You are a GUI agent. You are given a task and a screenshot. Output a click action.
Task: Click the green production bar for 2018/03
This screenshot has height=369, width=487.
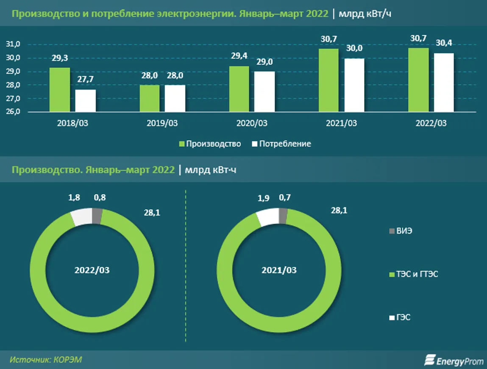60,90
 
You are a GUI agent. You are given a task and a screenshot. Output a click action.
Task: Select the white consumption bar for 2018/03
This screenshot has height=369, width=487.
85,101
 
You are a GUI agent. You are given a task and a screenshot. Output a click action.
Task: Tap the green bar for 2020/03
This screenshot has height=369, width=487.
239,89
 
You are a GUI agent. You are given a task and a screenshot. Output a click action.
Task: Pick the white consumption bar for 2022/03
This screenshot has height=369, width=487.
443,83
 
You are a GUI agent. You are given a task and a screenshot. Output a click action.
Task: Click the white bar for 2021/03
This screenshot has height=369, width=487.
354,85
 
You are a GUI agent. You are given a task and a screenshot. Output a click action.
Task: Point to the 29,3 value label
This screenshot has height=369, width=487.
60,60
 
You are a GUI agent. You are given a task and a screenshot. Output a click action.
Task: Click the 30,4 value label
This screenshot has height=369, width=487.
443,43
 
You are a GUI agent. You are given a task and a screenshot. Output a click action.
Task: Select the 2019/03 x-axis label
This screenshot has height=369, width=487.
162,124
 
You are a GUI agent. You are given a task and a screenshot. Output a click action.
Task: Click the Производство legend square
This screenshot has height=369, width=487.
182,144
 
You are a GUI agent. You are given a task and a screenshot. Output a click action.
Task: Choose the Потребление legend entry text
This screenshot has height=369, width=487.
285,144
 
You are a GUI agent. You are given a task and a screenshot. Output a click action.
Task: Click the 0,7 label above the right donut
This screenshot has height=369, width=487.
285,197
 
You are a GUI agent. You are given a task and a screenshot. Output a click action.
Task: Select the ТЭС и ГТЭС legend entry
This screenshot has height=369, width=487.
417,275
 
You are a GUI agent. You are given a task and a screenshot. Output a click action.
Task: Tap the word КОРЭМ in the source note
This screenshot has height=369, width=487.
67,360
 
